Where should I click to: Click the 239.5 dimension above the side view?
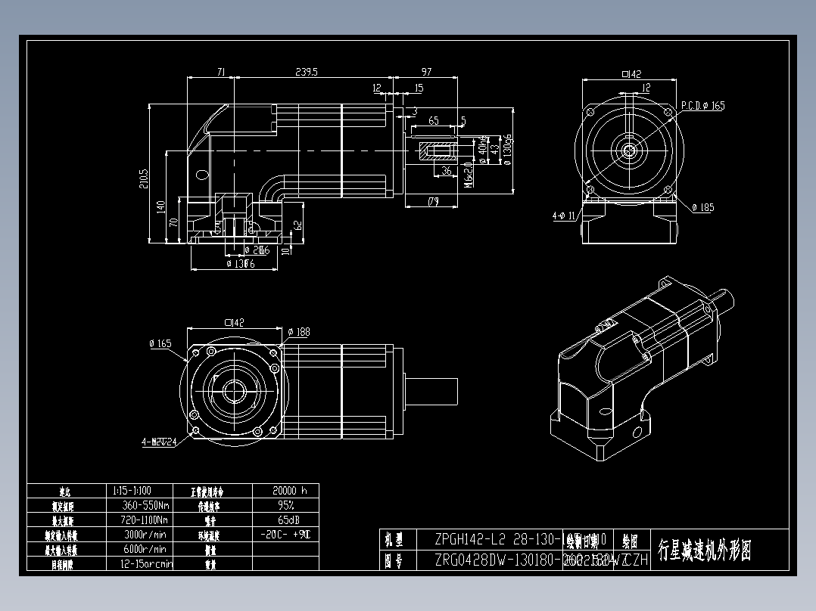pos(306,72)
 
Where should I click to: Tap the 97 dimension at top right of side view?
pos(426,72)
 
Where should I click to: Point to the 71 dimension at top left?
pos(221,72)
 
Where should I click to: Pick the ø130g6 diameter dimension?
pos(507,151)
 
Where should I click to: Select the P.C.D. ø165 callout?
pos(702,106)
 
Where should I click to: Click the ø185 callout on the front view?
pos(702,207)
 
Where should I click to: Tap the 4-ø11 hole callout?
pos(565,216)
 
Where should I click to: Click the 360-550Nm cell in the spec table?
pos(144,505)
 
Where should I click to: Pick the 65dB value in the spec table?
pos(285,520)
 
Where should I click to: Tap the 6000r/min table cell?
pos(144,549)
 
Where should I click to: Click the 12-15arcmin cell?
pos(144,563)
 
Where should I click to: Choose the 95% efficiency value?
pos(285,505)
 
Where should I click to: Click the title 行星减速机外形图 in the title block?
pos(704,551)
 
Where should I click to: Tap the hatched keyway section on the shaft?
pos(434,150)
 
